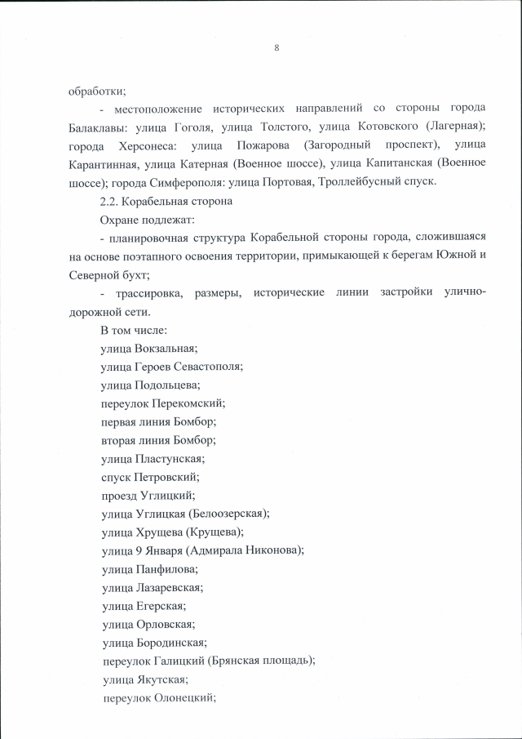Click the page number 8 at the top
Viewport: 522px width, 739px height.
(x=277, y=48)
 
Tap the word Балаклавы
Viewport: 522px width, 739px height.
(x=100, y=127)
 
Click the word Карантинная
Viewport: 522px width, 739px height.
(x=104, y=163)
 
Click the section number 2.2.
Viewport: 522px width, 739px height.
(x=109, y=200)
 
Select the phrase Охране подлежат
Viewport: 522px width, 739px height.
(x=143, y=218)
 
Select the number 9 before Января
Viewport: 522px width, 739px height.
(x=141, y=550)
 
